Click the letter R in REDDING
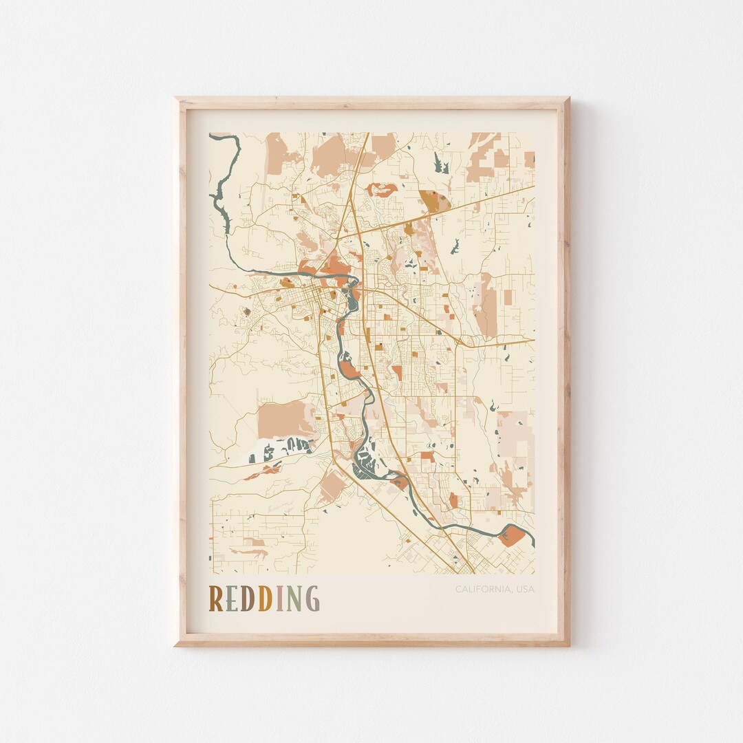coord(216,599)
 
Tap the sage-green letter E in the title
coord(232,599)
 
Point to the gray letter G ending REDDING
coord(312,599)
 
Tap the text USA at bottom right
coord(524,589)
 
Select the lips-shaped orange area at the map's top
coord(381,190)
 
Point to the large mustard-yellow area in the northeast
coord(433,201)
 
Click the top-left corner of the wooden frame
coord(177,99)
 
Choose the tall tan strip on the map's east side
coord(488,306)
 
